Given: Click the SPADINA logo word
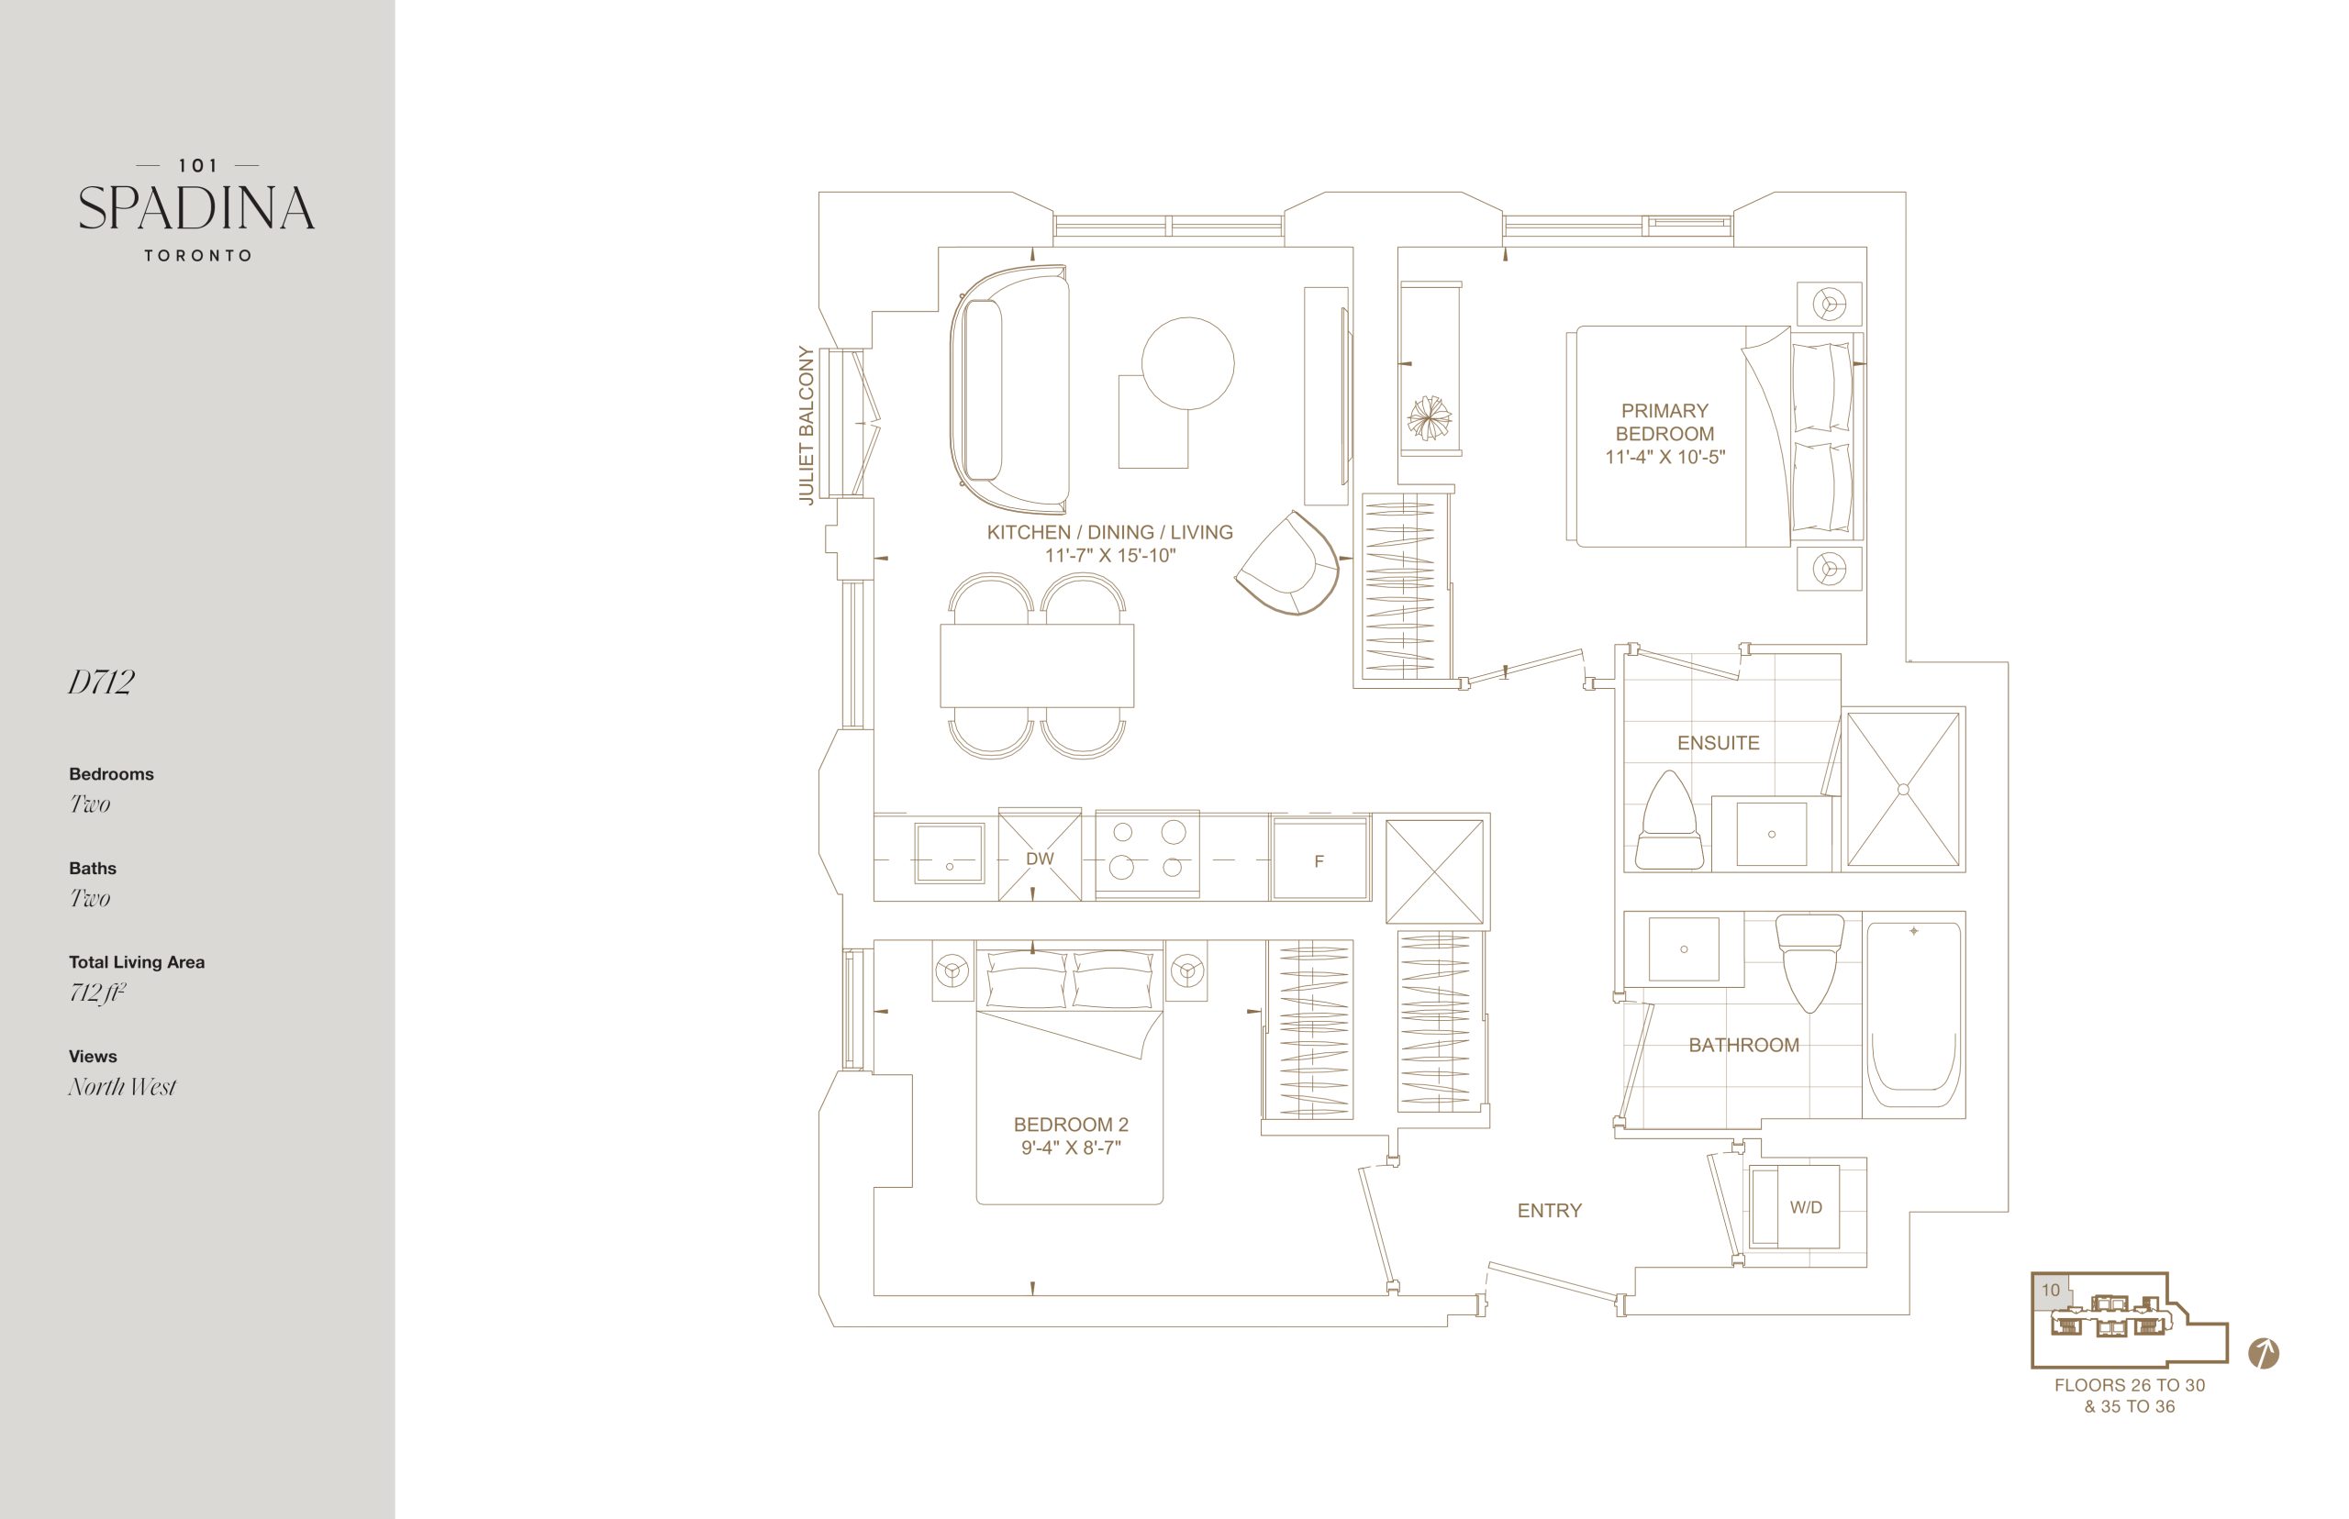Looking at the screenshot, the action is pos(196,208).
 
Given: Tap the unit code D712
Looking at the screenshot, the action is pos(101,682).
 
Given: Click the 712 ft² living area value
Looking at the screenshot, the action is pos(96,992).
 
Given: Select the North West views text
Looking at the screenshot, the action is pos(122,1086).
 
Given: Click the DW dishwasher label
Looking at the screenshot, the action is pos(1040,859).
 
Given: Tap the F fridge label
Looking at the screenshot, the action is pos(1319,861).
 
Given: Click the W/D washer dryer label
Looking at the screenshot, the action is pos(1807,1207).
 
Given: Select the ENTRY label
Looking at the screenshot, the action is pos(1549,1210).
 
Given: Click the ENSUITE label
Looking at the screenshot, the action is pos(1719,743).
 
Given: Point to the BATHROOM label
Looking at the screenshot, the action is pos(1744,1045).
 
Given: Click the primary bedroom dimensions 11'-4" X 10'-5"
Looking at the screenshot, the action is pos(1665,457).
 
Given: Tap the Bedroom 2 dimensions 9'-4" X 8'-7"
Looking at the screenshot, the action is pos(1072,1148).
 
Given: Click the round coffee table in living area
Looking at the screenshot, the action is pos(1188,363).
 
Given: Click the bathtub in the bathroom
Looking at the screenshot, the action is pos(1914,1015).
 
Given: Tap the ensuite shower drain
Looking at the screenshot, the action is pos(1903,789).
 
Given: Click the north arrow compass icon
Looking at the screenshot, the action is pos(2263,1353).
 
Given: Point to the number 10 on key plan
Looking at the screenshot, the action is pos(2051,1291).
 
